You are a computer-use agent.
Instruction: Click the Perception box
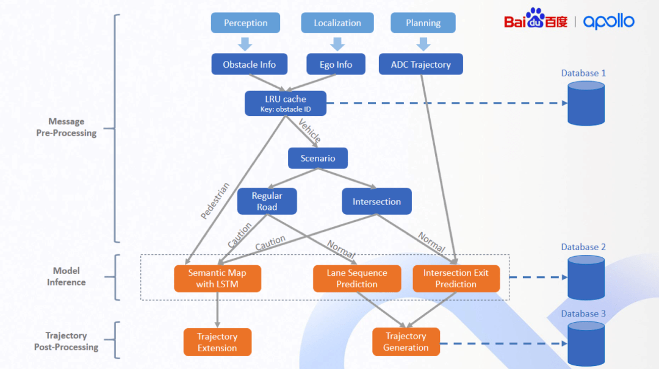pyautogui.click(x=245, y=23)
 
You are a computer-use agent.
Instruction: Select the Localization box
pyautogui.click(x=337, y=23)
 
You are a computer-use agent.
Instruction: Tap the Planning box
pyautogui.click(x=423, y=23)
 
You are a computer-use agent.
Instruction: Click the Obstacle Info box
pyautogui.click(x=249, y=65)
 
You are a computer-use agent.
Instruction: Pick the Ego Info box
pyautogui.click(x=336, y=65)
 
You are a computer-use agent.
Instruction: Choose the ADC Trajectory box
pyautogui.click(x=420, y=65)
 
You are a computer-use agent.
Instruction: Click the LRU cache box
pyautogui.click(x=286, y=103)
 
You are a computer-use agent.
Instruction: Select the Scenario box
pyautogui.click(x=318, y=159)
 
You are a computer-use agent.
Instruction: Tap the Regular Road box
pyautogui.click(x=267, y=201)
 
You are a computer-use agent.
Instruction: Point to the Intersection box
pyautogui.click(x=376, y=201)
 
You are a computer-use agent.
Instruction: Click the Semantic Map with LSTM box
pyautogui.click(x=217, y=279)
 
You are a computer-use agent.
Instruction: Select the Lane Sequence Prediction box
pyautogui.click(x=357, y=279)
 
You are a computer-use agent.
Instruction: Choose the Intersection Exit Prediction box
pyautogui.click(x=456, y=279)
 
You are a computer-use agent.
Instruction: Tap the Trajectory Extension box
pyautogui.click(x=217, y=342)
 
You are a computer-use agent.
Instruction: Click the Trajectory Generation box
pyautogui.click(x=406, y=342)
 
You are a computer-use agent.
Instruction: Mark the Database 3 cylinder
pyautogui.click(x=586, y=343)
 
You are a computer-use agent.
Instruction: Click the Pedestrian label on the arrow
pyautogui.click(x=215, y=201)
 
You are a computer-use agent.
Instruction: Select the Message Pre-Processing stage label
pyautogui.click(x=66, y=127)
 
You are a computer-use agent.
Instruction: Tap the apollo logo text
pyautogui.click(x=608, y=22)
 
